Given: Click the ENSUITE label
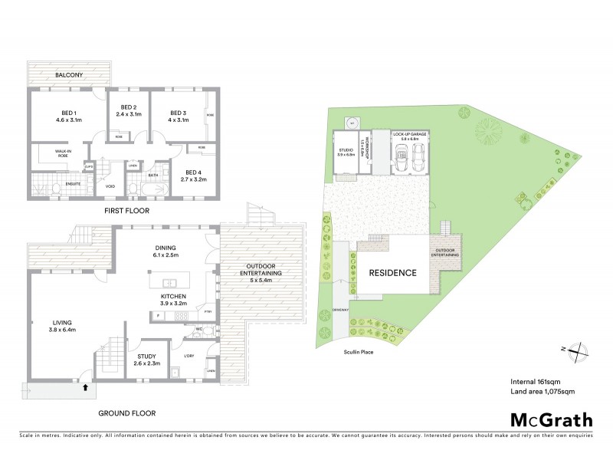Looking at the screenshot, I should pyautogui.click(x=74, y=184).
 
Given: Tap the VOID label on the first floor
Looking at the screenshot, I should pyautogui.click(x=110, y=185).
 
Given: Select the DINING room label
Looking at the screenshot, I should pyautogui.click(x=165, y=248).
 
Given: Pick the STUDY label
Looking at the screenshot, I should pyautogui.click(x=146, y=356).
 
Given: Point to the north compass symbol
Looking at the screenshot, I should pyautogui.click(x=575, y=350).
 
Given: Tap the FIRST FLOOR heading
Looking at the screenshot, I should pyautogui.click(x=127, y=210).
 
